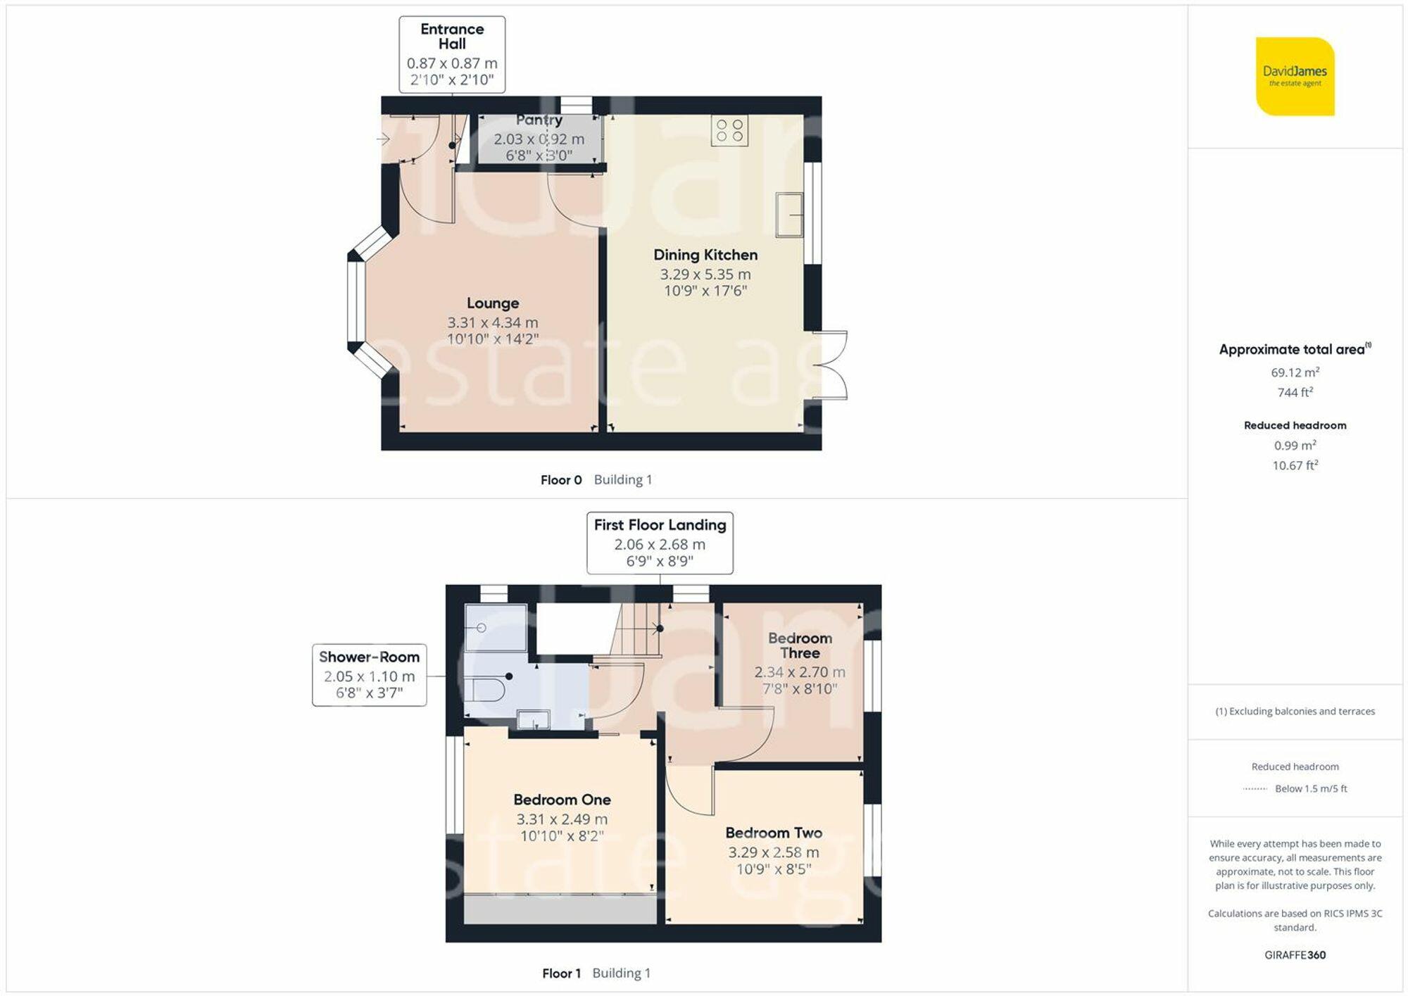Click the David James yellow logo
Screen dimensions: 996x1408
[x=1295, y=76]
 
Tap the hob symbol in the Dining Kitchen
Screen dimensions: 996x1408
[x=729, y=131]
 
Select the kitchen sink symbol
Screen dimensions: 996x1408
[x=789, y=215]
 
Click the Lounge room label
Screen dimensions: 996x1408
[x=493, y=303]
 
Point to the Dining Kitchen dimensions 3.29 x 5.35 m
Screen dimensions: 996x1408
[x=705, y=275]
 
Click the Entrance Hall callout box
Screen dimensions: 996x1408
[x=452, y=54]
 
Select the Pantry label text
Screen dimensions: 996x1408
[x=539, y=120]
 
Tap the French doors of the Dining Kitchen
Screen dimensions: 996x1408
[x=831, y=365]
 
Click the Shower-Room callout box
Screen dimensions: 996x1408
[x=369, y=675]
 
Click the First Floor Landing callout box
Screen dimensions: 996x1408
[x=660, y=543]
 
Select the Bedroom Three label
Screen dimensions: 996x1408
[x=800, y=645]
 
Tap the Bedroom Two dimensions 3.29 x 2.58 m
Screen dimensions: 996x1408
[x=774, y=852]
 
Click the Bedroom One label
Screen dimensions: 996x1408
[x=562, y=800]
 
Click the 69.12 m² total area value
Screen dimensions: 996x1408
[x=1295, y=372]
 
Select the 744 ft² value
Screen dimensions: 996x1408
[x=1295, y=393]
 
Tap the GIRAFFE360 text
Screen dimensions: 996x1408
[x=1295, y=955]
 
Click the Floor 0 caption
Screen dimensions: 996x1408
[x=561, y=480]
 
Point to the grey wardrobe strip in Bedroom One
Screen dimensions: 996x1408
[x=560, y=909]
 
